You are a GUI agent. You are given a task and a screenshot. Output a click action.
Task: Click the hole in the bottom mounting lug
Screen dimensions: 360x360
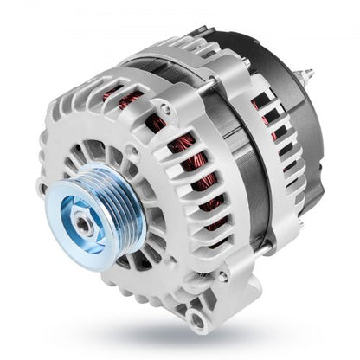201,321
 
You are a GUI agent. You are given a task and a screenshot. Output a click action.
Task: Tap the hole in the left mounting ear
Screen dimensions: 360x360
41,185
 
